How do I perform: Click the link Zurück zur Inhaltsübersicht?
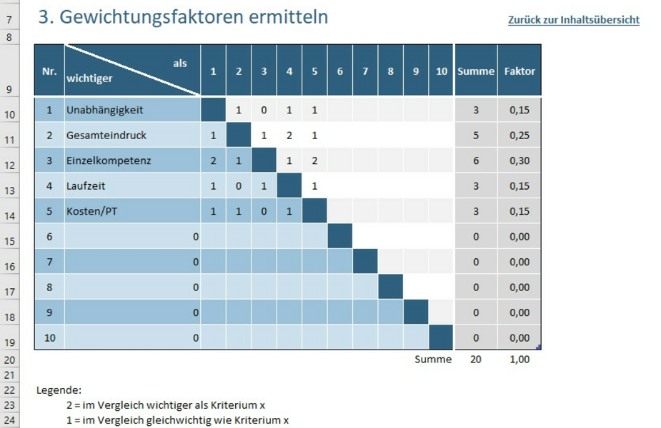point(573,20)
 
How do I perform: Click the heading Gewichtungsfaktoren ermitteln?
point(184,17)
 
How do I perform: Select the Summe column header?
point(476,71)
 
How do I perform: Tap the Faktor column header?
point(519,71)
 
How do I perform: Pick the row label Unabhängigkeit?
point(105,110)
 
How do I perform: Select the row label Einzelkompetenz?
point(109,160)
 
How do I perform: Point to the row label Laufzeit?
point(86,186)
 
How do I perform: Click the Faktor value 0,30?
point(520,160)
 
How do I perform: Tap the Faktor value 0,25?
point(520,135)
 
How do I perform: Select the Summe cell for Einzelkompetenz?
point(476,160)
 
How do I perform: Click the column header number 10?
point(441,71)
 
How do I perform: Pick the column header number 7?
point(365,71)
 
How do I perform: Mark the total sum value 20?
point(476,360)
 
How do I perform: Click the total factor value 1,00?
point(520,360)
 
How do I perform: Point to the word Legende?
point(59,390)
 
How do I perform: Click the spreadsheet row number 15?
point(9,242)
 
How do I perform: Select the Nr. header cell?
point(49,71)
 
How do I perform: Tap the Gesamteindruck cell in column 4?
point(289,135)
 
